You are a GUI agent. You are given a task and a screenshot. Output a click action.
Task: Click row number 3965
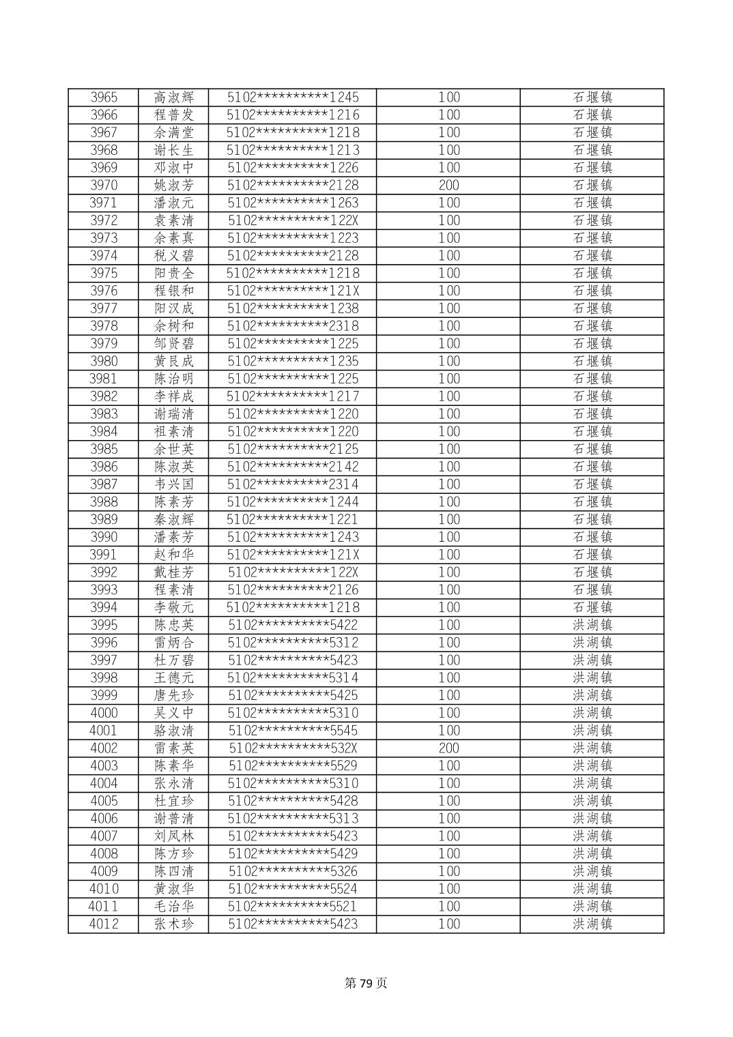click(x=104, y=98)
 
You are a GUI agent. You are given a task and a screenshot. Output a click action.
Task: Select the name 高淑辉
click(x=173, y=98)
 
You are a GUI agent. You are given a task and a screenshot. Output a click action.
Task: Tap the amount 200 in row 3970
click(x=448, y=186)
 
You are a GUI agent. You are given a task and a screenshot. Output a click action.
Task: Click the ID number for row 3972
click(x=293, y=220)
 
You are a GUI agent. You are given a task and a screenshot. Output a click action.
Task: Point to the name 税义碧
click(x=173, y=256)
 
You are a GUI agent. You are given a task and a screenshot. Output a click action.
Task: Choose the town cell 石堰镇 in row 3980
click(x=592, y=362)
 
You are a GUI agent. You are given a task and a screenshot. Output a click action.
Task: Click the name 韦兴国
click(x=173, y=484)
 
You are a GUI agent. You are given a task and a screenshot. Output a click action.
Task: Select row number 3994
click(x=104, y=608)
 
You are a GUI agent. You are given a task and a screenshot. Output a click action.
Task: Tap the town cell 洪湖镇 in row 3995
click(x=592, y=626)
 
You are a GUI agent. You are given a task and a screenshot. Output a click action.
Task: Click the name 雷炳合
click(x=173, y=643)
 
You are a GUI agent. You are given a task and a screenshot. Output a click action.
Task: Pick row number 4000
click(x=104, y=714)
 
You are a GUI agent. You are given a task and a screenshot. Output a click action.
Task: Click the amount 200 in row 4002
click(x=448, y=748)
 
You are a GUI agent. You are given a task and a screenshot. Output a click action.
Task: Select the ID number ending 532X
click(x=293, y=748)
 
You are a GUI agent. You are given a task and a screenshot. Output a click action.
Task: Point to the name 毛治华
click(x=173, y=907)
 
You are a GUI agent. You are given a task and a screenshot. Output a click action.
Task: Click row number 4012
click(x=104, y=924)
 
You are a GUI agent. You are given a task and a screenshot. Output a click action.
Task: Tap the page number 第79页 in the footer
click(x=366, y=983)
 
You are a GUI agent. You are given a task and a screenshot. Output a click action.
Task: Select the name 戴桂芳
click(x=173, y=572)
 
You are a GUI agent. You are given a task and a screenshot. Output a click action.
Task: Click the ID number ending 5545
click(x=293, y=731)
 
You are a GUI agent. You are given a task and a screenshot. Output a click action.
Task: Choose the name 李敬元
click(x=173, y=608)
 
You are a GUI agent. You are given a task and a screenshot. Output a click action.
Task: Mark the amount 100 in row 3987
click(x=448, y=484)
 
